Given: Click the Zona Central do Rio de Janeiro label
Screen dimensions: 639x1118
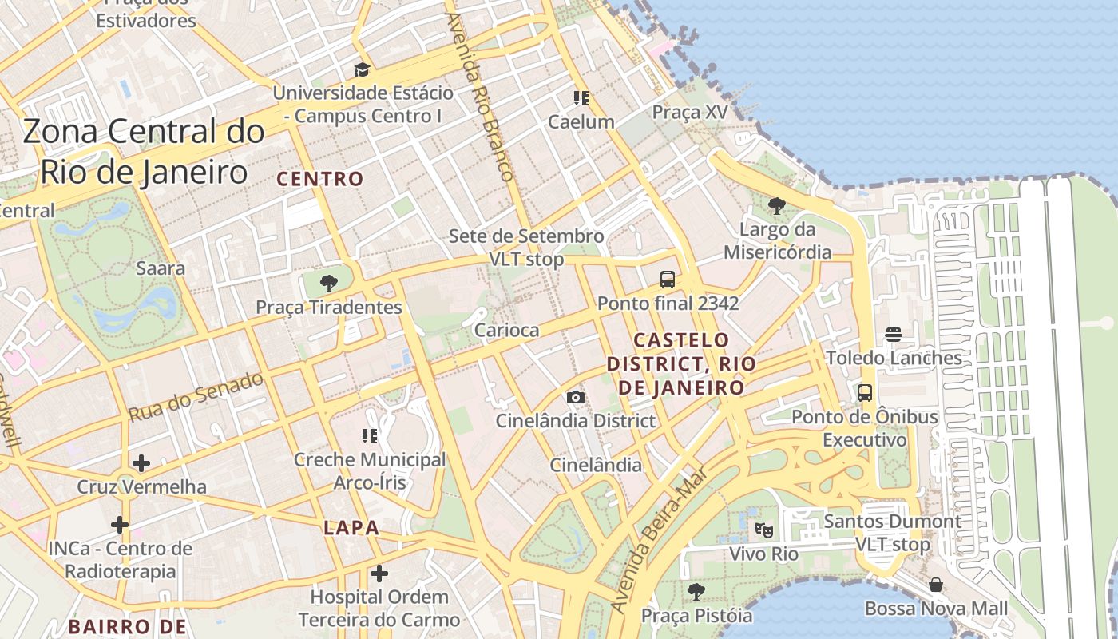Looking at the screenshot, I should [x=144, y=152].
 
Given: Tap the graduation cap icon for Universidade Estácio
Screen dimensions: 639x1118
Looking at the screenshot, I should [x=362, y=69].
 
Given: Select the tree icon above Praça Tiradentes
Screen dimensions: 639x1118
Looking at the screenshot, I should [x=327, y=283].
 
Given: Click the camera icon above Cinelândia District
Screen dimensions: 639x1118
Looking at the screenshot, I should [x=575, y=397].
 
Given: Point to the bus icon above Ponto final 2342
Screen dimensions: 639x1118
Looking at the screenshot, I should [x=668, y=280].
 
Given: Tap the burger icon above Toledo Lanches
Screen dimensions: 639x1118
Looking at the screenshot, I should [x=893, y=334].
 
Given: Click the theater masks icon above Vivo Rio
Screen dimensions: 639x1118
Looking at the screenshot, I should [x=763, y=529].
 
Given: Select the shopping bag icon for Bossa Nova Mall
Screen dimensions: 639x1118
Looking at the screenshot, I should [x=935, y=585].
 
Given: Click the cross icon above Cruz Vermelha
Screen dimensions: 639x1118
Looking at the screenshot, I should [x=141, y=462].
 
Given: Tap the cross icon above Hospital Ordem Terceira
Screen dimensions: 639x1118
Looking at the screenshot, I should [x=379, y=573].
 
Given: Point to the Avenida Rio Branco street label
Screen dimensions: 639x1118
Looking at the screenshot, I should [x=479, y=96].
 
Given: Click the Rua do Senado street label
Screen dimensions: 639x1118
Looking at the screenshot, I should [x=196, y=397].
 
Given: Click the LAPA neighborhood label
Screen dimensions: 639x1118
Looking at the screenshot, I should [x=351, y=528].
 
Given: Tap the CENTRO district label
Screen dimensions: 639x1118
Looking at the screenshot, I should [x=320, y=179].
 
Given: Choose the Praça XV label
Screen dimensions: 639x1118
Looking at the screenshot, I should [x=690, y=112].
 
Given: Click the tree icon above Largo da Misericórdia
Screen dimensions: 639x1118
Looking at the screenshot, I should [x=776, y=206].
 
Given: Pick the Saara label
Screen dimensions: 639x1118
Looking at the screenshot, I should [x=161, y=268].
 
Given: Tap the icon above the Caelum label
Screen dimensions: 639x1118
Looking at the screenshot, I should [x=581, y=98].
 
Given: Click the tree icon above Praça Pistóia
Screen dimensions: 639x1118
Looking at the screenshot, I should [x=696, y=592].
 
